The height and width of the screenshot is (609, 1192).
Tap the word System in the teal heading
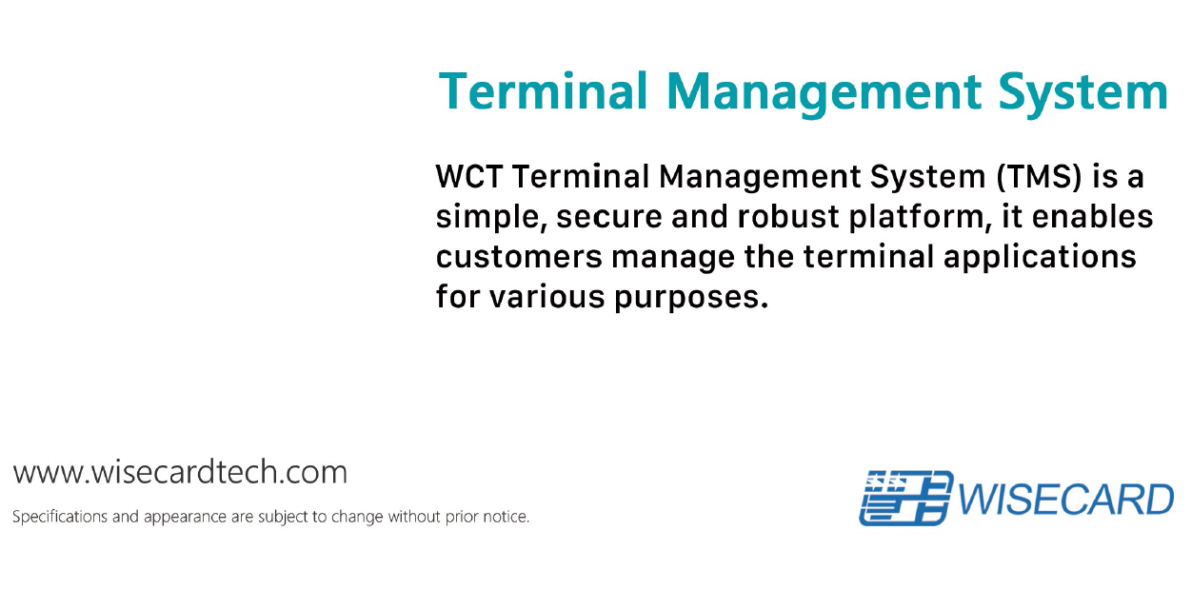pyautogui.click(x=1083, y=94)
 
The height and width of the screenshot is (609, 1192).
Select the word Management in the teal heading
pyautogui.click(x=824, y=94)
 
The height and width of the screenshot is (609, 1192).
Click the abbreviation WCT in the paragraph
pyautogui.click(x=468, y=176)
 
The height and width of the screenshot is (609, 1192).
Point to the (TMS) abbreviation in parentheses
pyautogui.click(x=1039, y=177)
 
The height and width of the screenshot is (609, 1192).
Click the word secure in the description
pyautogui.click(x=608, y=218)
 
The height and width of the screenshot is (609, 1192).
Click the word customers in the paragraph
pyautogui.click(x=519, y=257)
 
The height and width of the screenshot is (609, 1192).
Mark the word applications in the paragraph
pyautogui.click(x=1040, y=258)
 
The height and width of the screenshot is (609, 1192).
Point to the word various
pyautogui.click(x=547, y=297)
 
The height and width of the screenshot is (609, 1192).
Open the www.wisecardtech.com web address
pyautogui.click(x=180, y=472)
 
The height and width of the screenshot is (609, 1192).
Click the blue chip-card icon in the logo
pyautogui.click(x=905, y=498)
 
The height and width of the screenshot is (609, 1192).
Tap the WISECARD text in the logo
pyautogui.click(x=1065, y=500)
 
